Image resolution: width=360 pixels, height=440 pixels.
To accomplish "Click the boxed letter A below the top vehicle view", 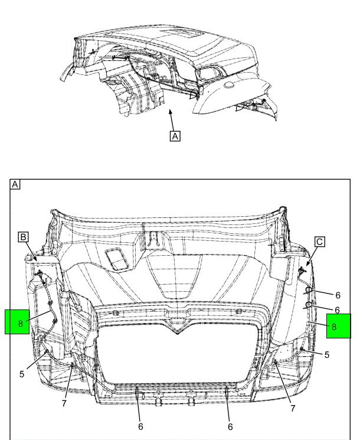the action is (x=175, y=136).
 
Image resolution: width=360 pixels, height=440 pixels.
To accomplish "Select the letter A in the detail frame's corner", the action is (x=15, y=184).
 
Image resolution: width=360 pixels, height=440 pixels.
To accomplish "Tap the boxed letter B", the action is (x=23, y=237).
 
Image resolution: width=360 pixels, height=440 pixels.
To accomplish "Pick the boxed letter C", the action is (x=320, y=242).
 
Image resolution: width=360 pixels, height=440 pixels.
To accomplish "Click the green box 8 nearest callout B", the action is (x=17, y=322).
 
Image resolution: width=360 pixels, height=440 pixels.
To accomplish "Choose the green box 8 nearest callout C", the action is (x=338, y=326).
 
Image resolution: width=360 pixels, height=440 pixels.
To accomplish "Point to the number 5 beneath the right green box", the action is (x=326, y=355).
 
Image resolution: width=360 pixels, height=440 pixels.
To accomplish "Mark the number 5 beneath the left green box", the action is (x=22, y=374).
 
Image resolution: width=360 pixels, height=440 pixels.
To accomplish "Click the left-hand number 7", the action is (x=64, y=403).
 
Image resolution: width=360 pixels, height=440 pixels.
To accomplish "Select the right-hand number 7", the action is (x=293, y=408).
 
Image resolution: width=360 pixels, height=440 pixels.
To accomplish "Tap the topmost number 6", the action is (x=338, y=295).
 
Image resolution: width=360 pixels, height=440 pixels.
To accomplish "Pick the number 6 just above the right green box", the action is (x=338, y=310).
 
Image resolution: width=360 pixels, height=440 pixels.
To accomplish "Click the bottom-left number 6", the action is (x=140, y=426).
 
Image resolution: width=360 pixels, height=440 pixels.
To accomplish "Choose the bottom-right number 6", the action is (x=230, y=427).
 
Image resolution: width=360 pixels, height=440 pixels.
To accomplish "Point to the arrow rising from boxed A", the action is (x=172, y=120).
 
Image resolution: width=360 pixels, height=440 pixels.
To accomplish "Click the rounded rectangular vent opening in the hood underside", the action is (x=117, y=259).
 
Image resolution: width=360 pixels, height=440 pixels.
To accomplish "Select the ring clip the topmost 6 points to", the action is (x=309, y=289).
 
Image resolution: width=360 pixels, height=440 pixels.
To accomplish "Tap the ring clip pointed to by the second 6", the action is (x=309, y=305).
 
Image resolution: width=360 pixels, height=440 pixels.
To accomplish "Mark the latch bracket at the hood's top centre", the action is (x=153, y=240).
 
